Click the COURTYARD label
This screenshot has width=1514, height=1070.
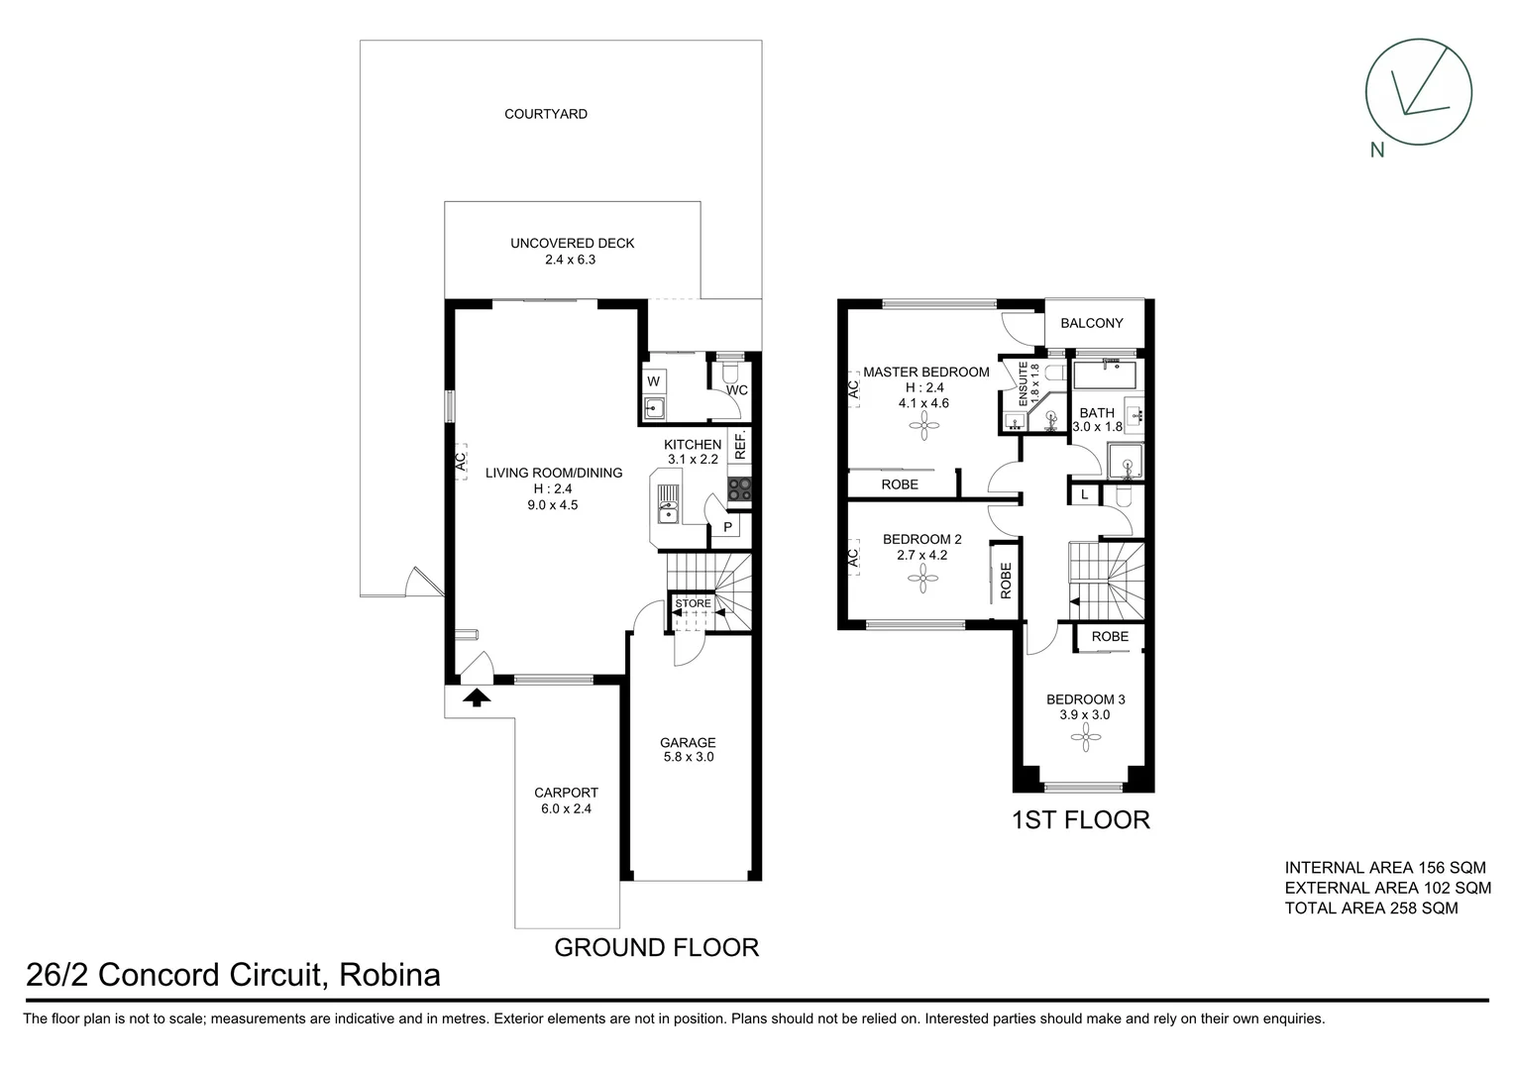point(545,114)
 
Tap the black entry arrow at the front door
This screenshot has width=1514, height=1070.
point(478,697)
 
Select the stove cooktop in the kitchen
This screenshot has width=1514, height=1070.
point(740,488)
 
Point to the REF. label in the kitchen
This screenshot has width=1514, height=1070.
point(740,445)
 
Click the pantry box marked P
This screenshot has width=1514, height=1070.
point(727,527)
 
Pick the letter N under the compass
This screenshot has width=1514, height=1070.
point(1376,151)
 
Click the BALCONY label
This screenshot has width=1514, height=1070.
point(1091,323)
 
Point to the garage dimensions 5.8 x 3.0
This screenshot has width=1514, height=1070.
point(688,757)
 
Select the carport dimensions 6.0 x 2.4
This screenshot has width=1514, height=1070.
point(566,807)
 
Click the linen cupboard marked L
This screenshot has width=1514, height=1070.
point(1084,493)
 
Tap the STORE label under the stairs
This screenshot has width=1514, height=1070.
point(693,603)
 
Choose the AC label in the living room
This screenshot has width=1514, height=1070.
point(460,462)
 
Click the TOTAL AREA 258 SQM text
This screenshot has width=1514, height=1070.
point(1370,908)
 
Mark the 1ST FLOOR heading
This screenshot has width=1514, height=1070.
point(1080,820)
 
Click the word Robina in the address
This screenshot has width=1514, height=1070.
point(389,976)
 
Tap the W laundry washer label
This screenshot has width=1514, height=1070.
point(653,381)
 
